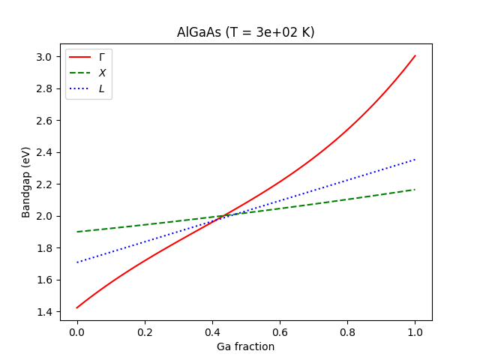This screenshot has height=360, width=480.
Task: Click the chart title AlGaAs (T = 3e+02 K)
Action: point(245,33)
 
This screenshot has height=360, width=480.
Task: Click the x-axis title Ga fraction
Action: point(245,346)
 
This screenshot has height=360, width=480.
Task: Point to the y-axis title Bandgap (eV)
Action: point(26,182)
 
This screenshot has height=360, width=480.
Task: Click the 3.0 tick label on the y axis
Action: point(45,57)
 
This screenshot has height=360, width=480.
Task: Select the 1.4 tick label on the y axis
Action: point(45,312)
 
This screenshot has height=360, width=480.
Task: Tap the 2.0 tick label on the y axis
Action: point(45,216)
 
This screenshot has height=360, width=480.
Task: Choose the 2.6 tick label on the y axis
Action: point(45,121)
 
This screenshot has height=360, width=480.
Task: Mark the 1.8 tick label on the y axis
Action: point(45,248)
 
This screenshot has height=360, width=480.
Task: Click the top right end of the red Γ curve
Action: point(415,55)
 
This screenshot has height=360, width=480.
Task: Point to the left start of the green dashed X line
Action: point(76,232)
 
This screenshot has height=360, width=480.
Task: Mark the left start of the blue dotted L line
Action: point(76,262)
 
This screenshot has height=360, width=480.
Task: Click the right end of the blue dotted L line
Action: point(415,159)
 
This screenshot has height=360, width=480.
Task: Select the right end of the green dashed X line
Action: point(415,190)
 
